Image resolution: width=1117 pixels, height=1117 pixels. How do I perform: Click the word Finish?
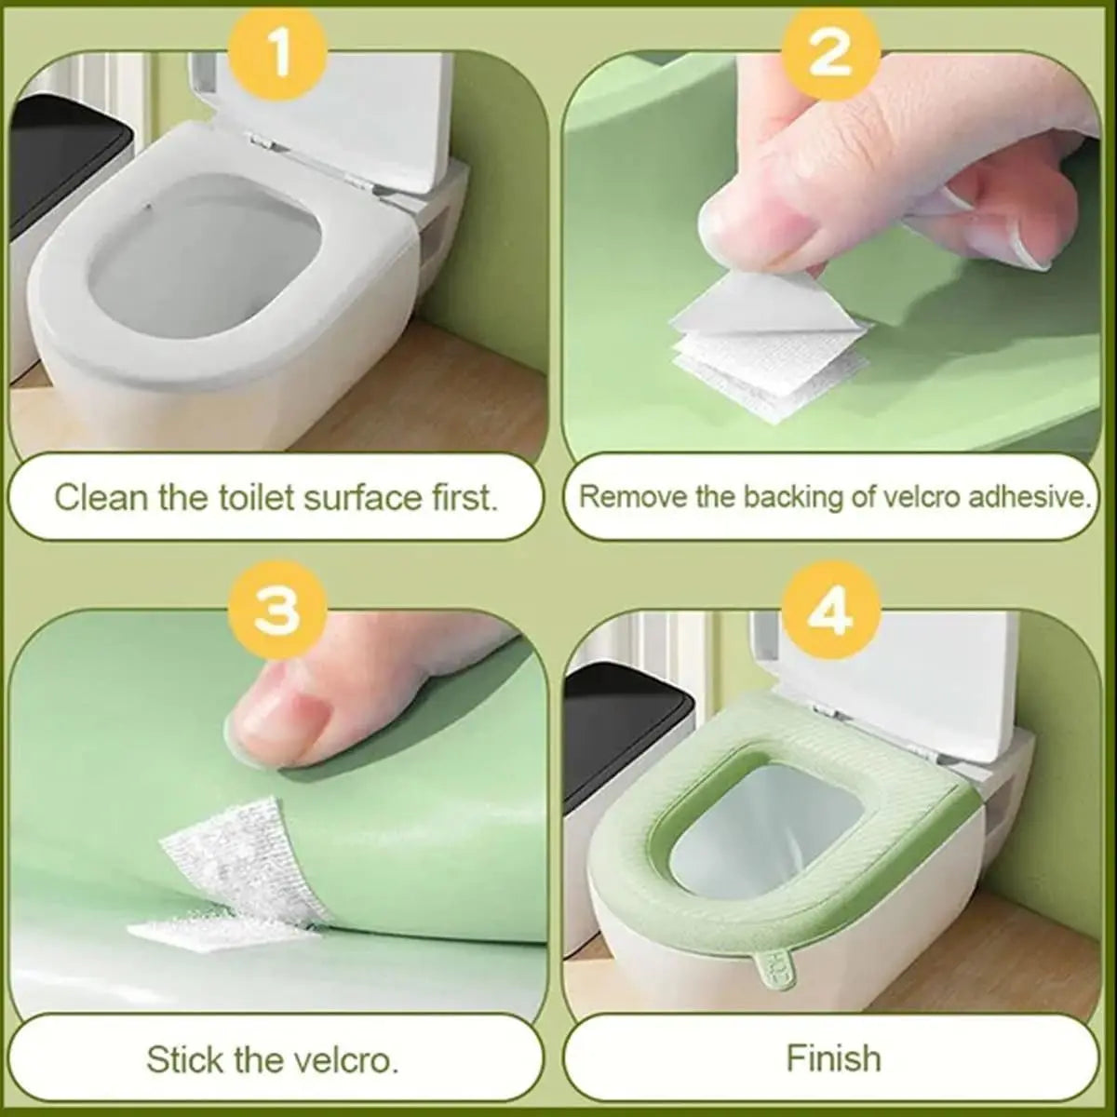point(833,1058)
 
